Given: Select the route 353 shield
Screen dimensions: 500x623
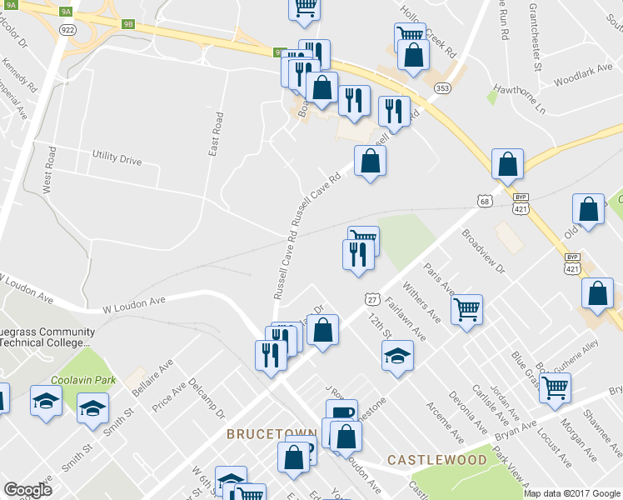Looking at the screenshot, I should click(x=443, y=87).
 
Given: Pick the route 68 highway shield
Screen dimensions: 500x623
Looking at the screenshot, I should click(x=485, y=201).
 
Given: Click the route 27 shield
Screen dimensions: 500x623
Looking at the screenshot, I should click(x=372, y=298).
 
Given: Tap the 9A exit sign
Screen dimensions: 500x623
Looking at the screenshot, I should click(x=67, y=12).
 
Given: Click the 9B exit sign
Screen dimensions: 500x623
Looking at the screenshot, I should click(x=127, y=24).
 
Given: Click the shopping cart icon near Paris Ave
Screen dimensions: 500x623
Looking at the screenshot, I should click(x=467, y=309).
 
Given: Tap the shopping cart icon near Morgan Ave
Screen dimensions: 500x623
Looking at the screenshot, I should click(x=555, y=387).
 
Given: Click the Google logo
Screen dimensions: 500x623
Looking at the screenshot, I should click(x=27, y=489).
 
